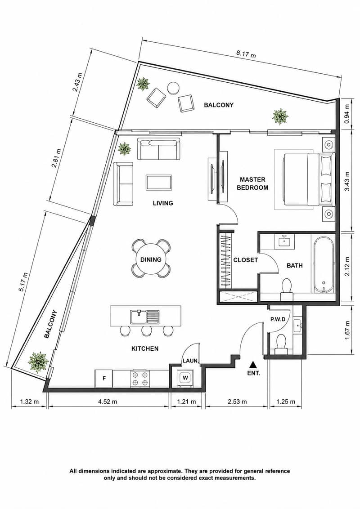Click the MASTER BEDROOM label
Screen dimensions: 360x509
pyautogui.click(x=252, y=183)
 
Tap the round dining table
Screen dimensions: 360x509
pyautogui.click(x=151, y=259)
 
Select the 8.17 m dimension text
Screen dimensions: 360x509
pyautogui.click(x=246, y=54)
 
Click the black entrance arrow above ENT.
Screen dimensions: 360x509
pyautogui.click(x=253, y=365)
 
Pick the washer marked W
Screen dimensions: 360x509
pyautogui.click(x=185, y=378)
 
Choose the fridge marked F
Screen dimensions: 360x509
pyautogui.click(x=103, y=378)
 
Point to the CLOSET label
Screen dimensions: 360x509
pyautogui.click(x=246, y=260)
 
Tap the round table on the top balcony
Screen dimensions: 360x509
pyautogui.click(x=173, y=88)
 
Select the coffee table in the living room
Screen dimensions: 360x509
pyautogui.click(x=159, y=182)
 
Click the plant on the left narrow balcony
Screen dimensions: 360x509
pyautogui.click(x=39, y=362)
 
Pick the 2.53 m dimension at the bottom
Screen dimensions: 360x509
pyautogui.click(x=237, y=402)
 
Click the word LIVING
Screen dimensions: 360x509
pyautogui.click(x=163, y=203)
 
